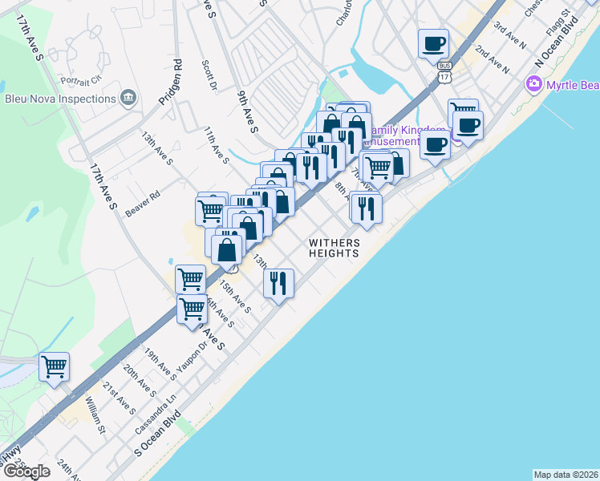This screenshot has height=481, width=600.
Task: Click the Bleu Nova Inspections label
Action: (60, 99)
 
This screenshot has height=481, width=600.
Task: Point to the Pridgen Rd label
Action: (176, 81)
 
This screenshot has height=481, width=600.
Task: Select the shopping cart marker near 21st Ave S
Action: (54, 367)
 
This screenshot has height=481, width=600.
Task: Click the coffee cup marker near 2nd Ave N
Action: (433, 43)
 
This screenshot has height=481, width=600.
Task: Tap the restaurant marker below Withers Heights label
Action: (278, 283)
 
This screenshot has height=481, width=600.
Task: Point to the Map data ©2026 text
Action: (566, 475)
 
